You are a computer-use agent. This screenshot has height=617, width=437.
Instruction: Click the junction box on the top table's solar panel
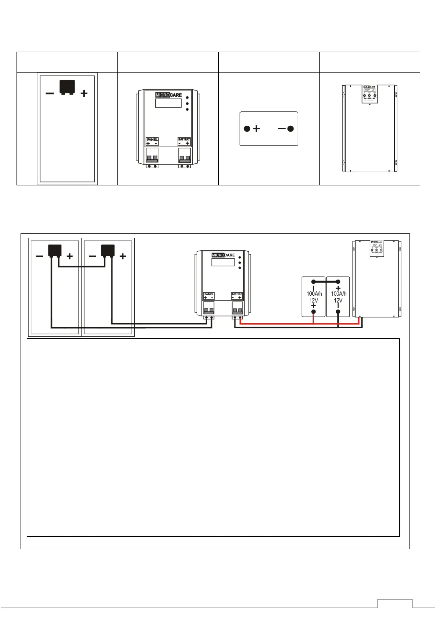[67, 87]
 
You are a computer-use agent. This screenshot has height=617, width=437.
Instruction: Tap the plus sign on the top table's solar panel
[84, 94]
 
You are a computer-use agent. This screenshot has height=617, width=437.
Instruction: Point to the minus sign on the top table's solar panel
[50, 93]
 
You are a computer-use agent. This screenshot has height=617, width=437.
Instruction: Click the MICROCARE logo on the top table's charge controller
[168, 95]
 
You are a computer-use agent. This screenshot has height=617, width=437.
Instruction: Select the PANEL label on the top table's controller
[152, 140]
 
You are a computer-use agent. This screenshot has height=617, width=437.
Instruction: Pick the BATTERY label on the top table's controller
[184, 140]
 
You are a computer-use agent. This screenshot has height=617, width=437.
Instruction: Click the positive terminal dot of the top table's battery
[247, 129]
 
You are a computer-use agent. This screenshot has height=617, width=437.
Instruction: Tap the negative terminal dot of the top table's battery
[291, 129]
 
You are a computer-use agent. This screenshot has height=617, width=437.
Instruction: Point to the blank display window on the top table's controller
[168, 103]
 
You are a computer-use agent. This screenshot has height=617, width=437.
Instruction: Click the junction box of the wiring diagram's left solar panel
[55, 250]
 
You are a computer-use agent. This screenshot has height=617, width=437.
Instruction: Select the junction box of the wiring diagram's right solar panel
[108, 250]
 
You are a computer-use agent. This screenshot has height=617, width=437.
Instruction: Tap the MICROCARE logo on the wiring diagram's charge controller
[223, 255]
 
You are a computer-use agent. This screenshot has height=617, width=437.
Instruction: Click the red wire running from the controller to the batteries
[275, 324]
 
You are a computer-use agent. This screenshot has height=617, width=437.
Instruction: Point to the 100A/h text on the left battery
[314, 293]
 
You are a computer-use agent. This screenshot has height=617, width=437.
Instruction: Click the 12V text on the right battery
[338, 300]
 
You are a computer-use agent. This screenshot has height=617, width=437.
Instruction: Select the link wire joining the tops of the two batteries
[326, 282]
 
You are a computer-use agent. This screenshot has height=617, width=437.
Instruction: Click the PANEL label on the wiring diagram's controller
[209, 294]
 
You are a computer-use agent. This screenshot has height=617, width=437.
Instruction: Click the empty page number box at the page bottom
[395, 603]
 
